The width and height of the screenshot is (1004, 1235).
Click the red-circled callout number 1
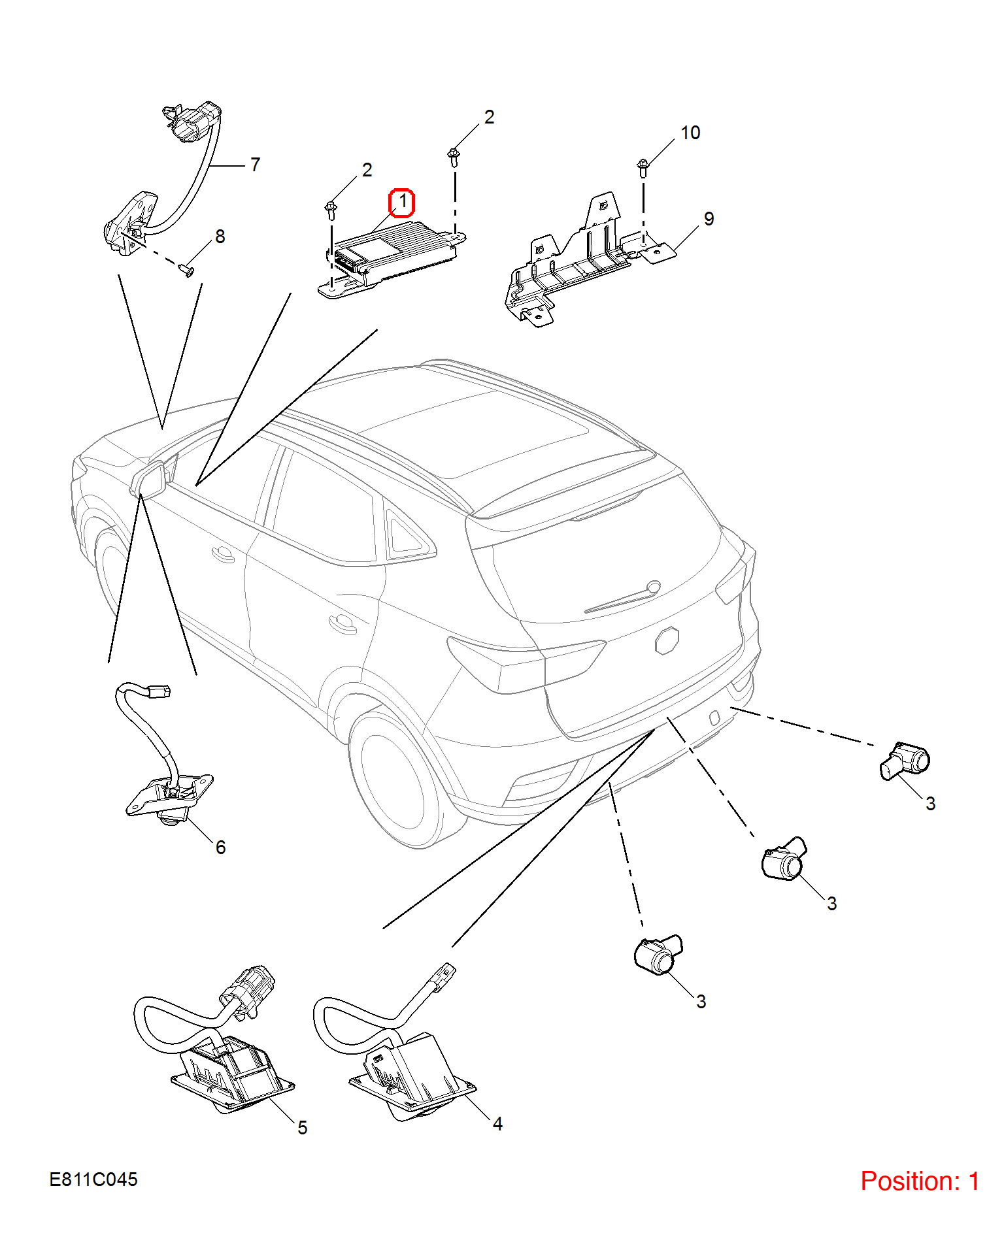pos(402,202)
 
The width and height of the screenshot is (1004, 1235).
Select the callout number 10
pos(690,133)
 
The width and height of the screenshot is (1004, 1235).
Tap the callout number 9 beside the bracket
pos(709,219)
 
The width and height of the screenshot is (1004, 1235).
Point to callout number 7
pos(255,165)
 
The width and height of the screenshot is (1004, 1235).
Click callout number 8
pos(220,237)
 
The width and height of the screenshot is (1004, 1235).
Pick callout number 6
pos(221,848)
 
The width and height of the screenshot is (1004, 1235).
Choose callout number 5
pos(303,1128)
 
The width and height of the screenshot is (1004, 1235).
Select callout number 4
pos(497,1124)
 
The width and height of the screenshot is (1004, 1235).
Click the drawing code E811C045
pos(93,1179)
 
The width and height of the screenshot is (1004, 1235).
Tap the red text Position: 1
pos(920,1181)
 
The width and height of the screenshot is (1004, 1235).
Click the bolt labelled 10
pos(643,169)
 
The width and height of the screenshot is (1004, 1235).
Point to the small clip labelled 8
pos(186,269)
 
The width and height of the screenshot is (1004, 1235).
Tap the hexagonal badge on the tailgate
pos(667,640)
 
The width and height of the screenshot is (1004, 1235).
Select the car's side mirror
pos(149,480)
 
